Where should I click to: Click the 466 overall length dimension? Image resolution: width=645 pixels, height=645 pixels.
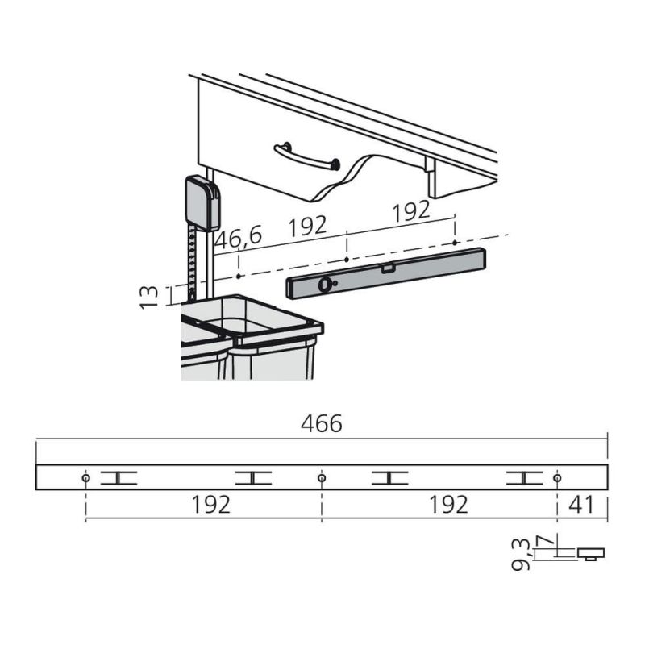321,424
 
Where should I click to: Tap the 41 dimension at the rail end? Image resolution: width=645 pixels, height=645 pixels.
580,505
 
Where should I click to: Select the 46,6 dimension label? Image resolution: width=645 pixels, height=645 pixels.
238,238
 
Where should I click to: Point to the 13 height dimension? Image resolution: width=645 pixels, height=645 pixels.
149,297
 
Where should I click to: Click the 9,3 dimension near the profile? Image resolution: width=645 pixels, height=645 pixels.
520,555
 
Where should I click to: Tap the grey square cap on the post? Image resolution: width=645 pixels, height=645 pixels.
203,203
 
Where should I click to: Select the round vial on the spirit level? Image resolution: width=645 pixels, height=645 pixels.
324,285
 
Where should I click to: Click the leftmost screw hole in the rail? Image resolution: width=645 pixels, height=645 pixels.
86,478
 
